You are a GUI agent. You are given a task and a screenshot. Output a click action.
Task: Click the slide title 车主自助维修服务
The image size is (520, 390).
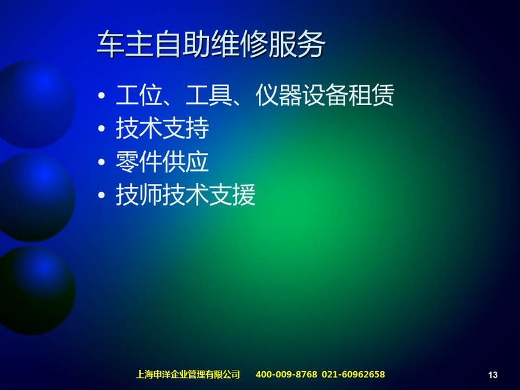211,45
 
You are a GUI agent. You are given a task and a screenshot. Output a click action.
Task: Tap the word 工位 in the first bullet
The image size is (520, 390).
139,95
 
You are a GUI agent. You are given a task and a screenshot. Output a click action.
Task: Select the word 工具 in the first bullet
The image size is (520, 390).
209,95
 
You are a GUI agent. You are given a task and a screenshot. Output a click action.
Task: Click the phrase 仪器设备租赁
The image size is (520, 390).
325,95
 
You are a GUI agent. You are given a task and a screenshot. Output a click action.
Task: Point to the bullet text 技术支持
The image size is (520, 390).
162,128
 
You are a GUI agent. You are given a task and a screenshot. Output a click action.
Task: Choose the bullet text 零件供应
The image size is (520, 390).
162,161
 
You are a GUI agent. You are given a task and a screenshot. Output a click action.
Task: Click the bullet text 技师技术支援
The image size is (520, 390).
186,195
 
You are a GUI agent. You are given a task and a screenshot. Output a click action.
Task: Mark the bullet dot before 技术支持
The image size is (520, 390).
102,129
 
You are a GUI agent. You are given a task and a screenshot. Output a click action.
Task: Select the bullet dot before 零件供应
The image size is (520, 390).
102,162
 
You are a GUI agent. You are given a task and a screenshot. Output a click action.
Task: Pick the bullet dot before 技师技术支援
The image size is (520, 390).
102,195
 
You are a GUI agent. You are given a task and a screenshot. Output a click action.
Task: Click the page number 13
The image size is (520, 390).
493,375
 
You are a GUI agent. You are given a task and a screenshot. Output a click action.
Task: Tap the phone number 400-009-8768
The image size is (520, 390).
286,374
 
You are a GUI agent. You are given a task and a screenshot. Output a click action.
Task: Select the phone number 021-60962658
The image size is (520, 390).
353,374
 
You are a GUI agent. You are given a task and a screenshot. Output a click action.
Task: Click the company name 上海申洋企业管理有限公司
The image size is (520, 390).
188,374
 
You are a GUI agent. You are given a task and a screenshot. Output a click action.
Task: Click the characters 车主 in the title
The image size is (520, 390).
125,45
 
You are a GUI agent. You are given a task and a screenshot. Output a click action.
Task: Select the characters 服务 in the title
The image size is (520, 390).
297,45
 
